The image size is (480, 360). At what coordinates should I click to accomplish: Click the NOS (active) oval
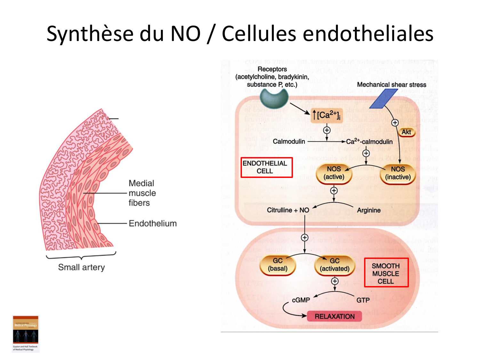click(x=334, y=173)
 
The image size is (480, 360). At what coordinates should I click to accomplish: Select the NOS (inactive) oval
click(x=398, y=173)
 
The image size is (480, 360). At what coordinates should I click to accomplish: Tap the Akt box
click(x=406, y=132)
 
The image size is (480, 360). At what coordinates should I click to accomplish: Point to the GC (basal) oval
click(x=277, y=265)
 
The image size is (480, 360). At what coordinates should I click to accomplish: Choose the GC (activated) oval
click(x=334, y=265)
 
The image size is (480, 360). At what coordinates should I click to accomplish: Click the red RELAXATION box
click(x=334, y=316)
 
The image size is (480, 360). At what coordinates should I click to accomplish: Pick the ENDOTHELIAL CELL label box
click(x=267, y=167)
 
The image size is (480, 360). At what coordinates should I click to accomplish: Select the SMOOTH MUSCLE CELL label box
click(x=386, y=272)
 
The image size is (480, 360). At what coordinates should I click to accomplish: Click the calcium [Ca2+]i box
click(x=326, y=115)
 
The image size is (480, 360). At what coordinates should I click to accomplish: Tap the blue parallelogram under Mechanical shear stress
click(x=384, y=99)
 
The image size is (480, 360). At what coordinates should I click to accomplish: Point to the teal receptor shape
click(x=274, y=98)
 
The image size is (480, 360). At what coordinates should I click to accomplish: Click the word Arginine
click(x=369, y=210)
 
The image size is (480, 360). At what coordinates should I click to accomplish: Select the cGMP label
click(x=301, y=300)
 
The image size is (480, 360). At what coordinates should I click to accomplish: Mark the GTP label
click(x=363, y=300)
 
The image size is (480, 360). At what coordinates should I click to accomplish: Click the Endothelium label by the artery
click(x=153, y=223)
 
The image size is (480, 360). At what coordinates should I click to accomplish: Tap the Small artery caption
click(x=81, y=267)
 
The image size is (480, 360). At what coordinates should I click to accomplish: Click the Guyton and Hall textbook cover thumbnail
click(x=26, y=333)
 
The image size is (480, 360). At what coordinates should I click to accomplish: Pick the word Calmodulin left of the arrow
click(x=289, y=141)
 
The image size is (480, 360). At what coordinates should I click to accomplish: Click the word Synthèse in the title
click(x=90, y=34)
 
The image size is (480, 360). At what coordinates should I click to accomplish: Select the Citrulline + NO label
click(x=288, y=210)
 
